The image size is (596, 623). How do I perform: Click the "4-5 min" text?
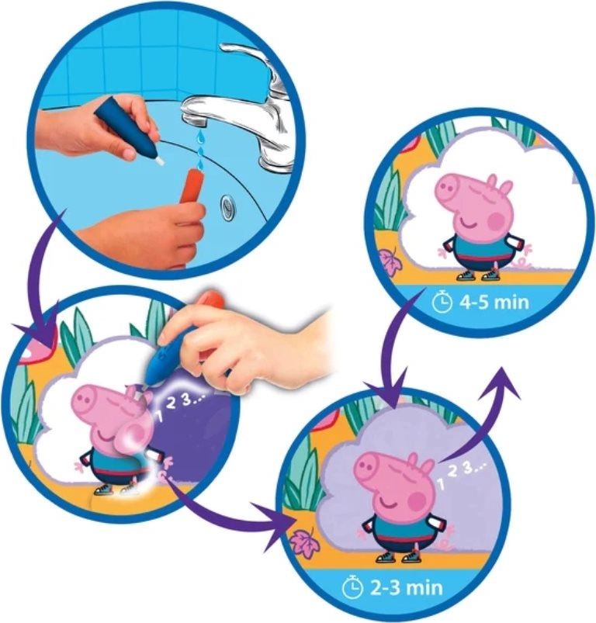(x=494, y=303)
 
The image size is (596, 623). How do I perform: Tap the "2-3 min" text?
(x=406, y=587)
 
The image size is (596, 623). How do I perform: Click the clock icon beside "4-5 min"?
(x=442, y=303)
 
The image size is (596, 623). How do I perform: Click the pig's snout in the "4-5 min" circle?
(x=451, y=191)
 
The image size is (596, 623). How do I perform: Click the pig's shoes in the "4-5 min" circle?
(x=476, y=275)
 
